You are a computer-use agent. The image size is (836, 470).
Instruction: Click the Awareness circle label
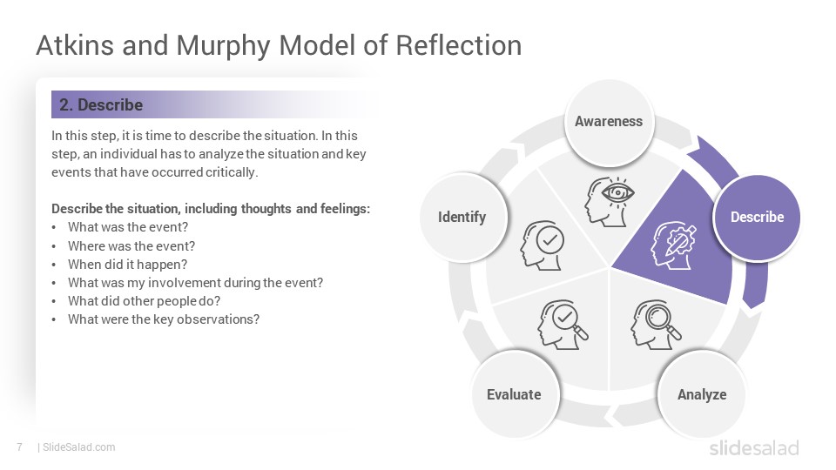(x=609, y=122)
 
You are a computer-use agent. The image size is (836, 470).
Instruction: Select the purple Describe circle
(x=757, y=218)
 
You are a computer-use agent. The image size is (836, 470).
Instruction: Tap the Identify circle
(x=462, y=217)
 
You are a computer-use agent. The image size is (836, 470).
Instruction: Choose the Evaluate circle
(x=514, y=394)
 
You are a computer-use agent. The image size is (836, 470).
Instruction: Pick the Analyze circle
(x=702, y=394)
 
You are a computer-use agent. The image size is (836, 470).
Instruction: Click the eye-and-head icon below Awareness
(x=610, y=202)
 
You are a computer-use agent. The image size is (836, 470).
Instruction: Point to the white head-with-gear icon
(x=673, y=245)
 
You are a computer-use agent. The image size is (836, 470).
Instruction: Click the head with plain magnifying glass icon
(x=657, y=324)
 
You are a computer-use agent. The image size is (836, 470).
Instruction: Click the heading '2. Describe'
(x=101, y=104)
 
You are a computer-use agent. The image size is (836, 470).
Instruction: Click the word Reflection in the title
(x=459, y=45)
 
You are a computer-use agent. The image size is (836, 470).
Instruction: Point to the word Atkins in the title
(x=75, y=45)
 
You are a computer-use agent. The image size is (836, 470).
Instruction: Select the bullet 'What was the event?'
(x=128, y=227)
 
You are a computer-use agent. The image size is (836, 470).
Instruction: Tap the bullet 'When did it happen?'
(x=127, y=265)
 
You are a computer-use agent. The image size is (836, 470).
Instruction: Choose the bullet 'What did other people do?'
(x=144, y=301)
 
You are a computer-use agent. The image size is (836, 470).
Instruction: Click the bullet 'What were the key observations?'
(x=164, y=319)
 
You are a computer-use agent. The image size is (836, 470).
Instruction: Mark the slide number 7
(x=20, y=447)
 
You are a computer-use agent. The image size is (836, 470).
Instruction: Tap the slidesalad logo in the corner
(x=754, y=447)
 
